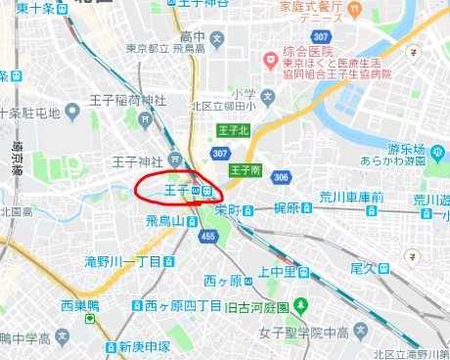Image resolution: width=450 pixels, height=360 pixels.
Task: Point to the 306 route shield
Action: click(282, 177)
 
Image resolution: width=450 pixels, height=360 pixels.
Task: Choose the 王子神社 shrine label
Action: click(137, 160)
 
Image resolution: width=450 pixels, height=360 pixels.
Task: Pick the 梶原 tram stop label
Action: click(286, 207)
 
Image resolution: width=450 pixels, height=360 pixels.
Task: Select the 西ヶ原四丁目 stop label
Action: click(184, 306)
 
